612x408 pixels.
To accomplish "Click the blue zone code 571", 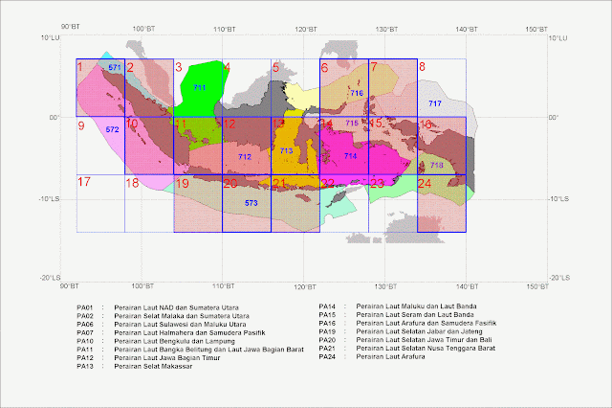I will coord(115,68).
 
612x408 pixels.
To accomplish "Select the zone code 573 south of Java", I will coord(251,203).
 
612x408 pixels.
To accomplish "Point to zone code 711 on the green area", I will coord(199,88).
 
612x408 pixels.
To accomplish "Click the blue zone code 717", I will coord(435,103).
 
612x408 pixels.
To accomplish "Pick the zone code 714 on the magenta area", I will coord(350,155).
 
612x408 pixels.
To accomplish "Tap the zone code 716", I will coord(356,93).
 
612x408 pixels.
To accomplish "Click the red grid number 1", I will coord(81,67).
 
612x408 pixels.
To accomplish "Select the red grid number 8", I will coord(423,67).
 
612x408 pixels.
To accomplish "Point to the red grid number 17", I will coord(84,182).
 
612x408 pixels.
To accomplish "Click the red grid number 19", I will coord(182,182).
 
